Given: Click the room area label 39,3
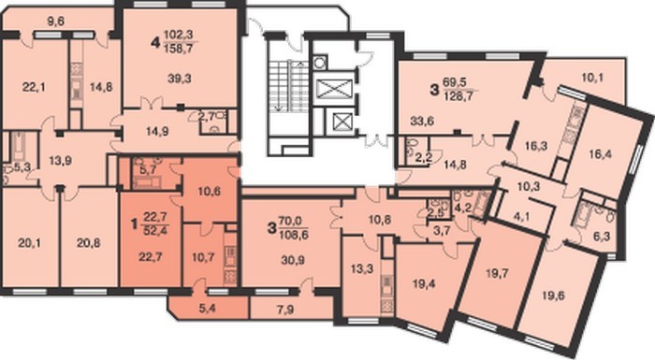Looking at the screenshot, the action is (x=180, y=79).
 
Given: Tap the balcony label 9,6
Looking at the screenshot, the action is (x=55, y=22).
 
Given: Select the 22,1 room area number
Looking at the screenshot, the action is (x=34, y=87).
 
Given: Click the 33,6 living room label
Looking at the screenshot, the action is (x=422, y=122).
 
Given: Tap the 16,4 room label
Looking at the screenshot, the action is (x=601, y=154).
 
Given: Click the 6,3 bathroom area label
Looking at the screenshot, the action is (x=601, y=237).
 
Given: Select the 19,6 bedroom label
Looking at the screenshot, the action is (x=554, y=295).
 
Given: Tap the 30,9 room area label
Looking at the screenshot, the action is (x=293, y=260).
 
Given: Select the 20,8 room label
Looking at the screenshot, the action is (x=89, y=242).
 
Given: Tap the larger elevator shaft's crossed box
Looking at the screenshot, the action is (x=335, y=89).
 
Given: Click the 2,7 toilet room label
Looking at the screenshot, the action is (x=208, y=117).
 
